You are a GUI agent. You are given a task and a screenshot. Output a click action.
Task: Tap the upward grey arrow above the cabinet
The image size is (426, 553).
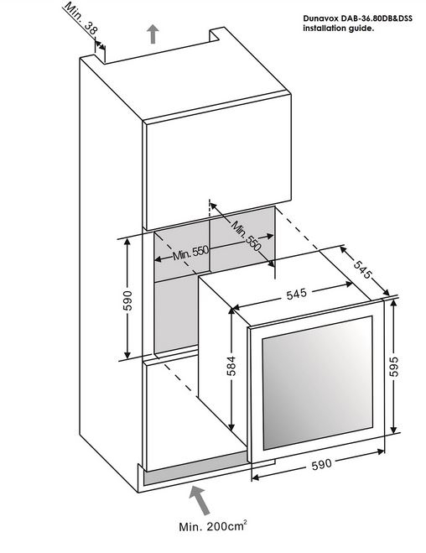(x=153, y=34)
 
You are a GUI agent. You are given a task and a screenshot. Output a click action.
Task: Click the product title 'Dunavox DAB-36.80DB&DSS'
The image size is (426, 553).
(x=357, y=18)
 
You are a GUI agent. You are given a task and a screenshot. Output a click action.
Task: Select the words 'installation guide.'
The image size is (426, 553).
(x=338, y=29)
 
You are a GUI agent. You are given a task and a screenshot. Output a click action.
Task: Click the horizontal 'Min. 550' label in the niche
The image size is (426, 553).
(x=191, y=253)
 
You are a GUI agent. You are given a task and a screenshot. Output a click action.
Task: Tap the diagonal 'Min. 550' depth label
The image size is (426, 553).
(x=247, y=236)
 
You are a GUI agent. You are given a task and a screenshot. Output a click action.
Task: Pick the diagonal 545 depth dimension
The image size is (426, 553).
(x=362, y=269)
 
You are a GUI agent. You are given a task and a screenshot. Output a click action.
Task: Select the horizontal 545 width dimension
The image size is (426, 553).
(x=296, y=294)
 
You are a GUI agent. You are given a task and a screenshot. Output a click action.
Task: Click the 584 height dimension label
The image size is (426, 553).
(x=231, y=366)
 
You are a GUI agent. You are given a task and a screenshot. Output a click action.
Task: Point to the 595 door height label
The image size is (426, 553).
(x=394, y=367)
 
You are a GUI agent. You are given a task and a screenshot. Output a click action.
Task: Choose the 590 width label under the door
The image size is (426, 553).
(x=322, y=464)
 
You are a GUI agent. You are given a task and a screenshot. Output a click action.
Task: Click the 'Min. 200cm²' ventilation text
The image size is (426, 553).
(x=213, y=526)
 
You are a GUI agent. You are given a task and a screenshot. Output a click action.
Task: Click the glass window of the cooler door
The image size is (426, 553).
(x=318, y=383)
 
